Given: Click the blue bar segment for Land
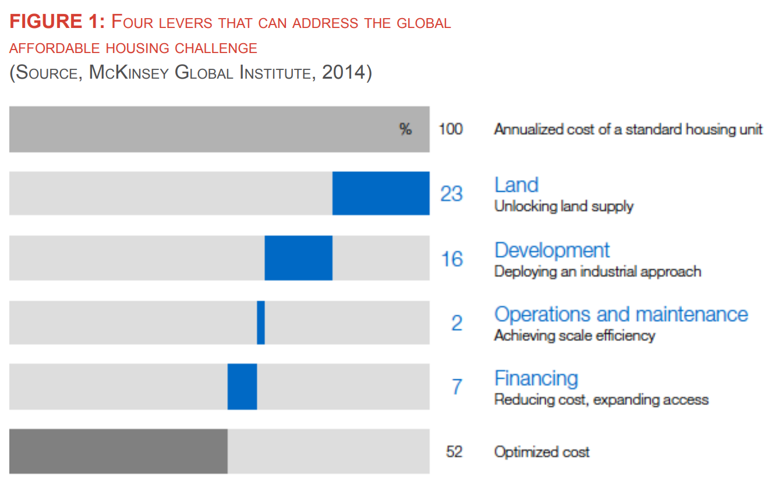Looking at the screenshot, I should click(x=381, y=193).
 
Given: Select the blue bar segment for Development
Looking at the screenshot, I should click(x=298, y=258).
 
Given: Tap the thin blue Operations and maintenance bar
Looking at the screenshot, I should click(x=260, y=322).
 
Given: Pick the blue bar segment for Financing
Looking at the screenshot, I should click(x=242, y=386).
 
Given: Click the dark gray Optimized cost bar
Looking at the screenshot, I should click(x=118, y=451).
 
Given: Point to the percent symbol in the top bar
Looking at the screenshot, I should click(x=405, y=129).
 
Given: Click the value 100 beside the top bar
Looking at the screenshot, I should click(x=450, y=129).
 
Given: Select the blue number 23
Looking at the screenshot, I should click(x=451, y=193).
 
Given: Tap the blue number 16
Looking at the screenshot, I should click(x=451, y=258).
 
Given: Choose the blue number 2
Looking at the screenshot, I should click(x=457, y=323).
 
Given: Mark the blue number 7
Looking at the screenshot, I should click(x=457, y=386).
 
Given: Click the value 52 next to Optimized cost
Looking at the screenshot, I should click(x=454, y=452).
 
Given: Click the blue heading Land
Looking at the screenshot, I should click(x=516, y=185).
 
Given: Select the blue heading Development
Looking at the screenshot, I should click(x=552, y=250).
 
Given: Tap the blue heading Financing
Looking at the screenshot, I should click(x=536, y=378).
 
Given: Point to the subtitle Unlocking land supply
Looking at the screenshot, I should click(x=563, y=206).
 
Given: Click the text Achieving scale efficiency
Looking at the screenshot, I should click(x=574, y=336).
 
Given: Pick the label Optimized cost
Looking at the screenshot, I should click(x=542, y=452).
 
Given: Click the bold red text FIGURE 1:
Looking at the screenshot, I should click(x=56, y=22).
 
